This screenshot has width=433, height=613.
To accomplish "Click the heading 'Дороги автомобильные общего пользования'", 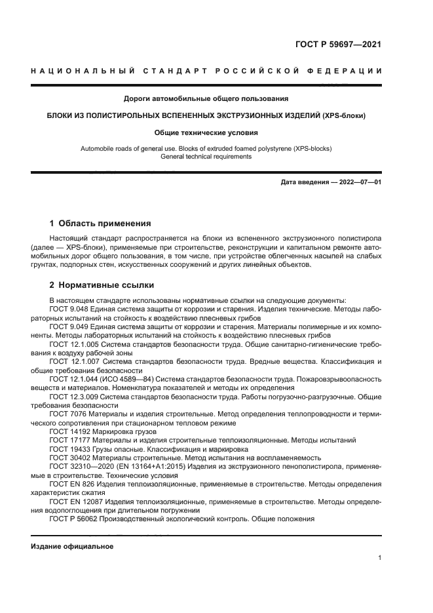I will click(206, 99).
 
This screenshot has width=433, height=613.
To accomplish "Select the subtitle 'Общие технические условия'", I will click(206, 132).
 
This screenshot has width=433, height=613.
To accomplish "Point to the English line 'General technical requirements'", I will click(206, 157).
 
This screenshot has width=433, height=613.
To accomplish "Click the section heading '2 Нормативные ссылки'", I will click(102, 286).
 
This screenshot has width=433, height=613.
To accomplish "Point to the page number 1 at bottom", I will click(379, 558).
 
